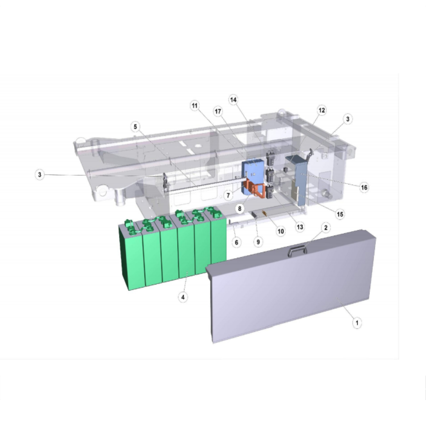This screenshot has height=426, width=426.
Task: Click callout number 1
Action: coord(357,323)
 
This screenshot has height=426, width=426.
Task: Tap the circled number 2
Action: coord(326,227)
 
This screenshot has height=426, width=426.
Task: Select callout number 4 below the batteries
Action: coord(183,297)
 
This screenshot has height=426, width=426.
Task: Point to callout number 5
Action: coord(135,127)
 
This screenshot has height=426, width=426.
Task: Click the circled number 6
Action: coord(236,242)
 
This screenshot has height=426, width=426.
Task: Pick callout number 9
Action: coord(258,242)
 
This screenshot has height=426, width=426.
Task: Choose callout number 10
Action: coord(281,231)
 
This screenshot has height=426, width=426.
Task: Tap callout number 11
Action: coord(195,105)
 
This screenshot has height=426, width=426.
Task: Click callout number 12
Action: coord(321,110)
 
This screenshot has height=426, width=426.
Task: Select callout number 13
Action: coord(299,227)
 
